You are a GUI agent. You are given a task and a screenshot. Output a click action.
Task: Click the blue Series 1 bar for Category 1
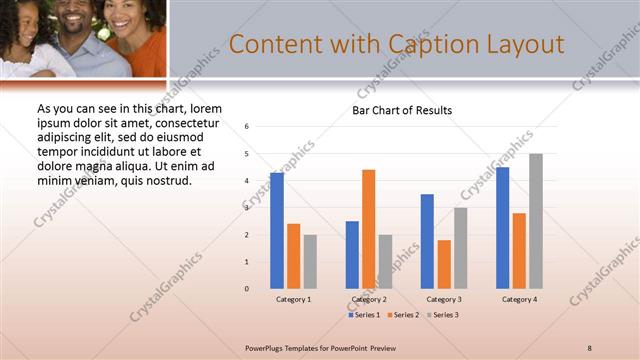click(x=277, y=230)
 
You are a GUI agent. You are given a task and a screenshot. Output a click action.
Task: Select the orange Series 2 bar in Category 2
click(x=369, y=229)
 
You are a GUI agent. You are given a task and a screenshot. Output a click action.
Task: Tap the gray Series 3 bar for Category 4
click(x=536, y=221)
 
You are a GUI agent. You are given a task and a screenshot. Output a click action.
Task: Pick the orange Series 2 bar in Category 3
click(x=444, y=264)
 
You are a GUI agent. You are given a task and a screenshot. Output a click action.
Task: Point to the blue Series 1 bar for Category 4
click(x=502, y=227)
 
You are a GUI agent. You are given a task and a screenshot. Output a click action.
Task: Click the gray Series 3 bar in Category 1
click(x=310, y=261)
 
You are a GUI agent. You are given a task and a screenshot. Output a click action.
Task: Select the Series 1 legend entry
click(x=364, y=315)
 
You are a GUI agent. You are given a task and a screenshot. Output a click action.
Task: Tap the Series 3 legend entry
click(x=441, y=315)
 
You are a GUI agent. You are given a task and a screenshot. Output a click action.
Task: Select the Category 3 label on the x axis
click(x=443, y=299)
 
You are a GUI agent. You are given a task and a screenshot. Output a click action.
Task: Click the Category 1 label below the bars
click(x=293, y=299)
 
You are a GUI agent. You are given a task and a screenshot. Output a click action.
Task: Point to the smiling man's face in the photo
click(x=81, y=20)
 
